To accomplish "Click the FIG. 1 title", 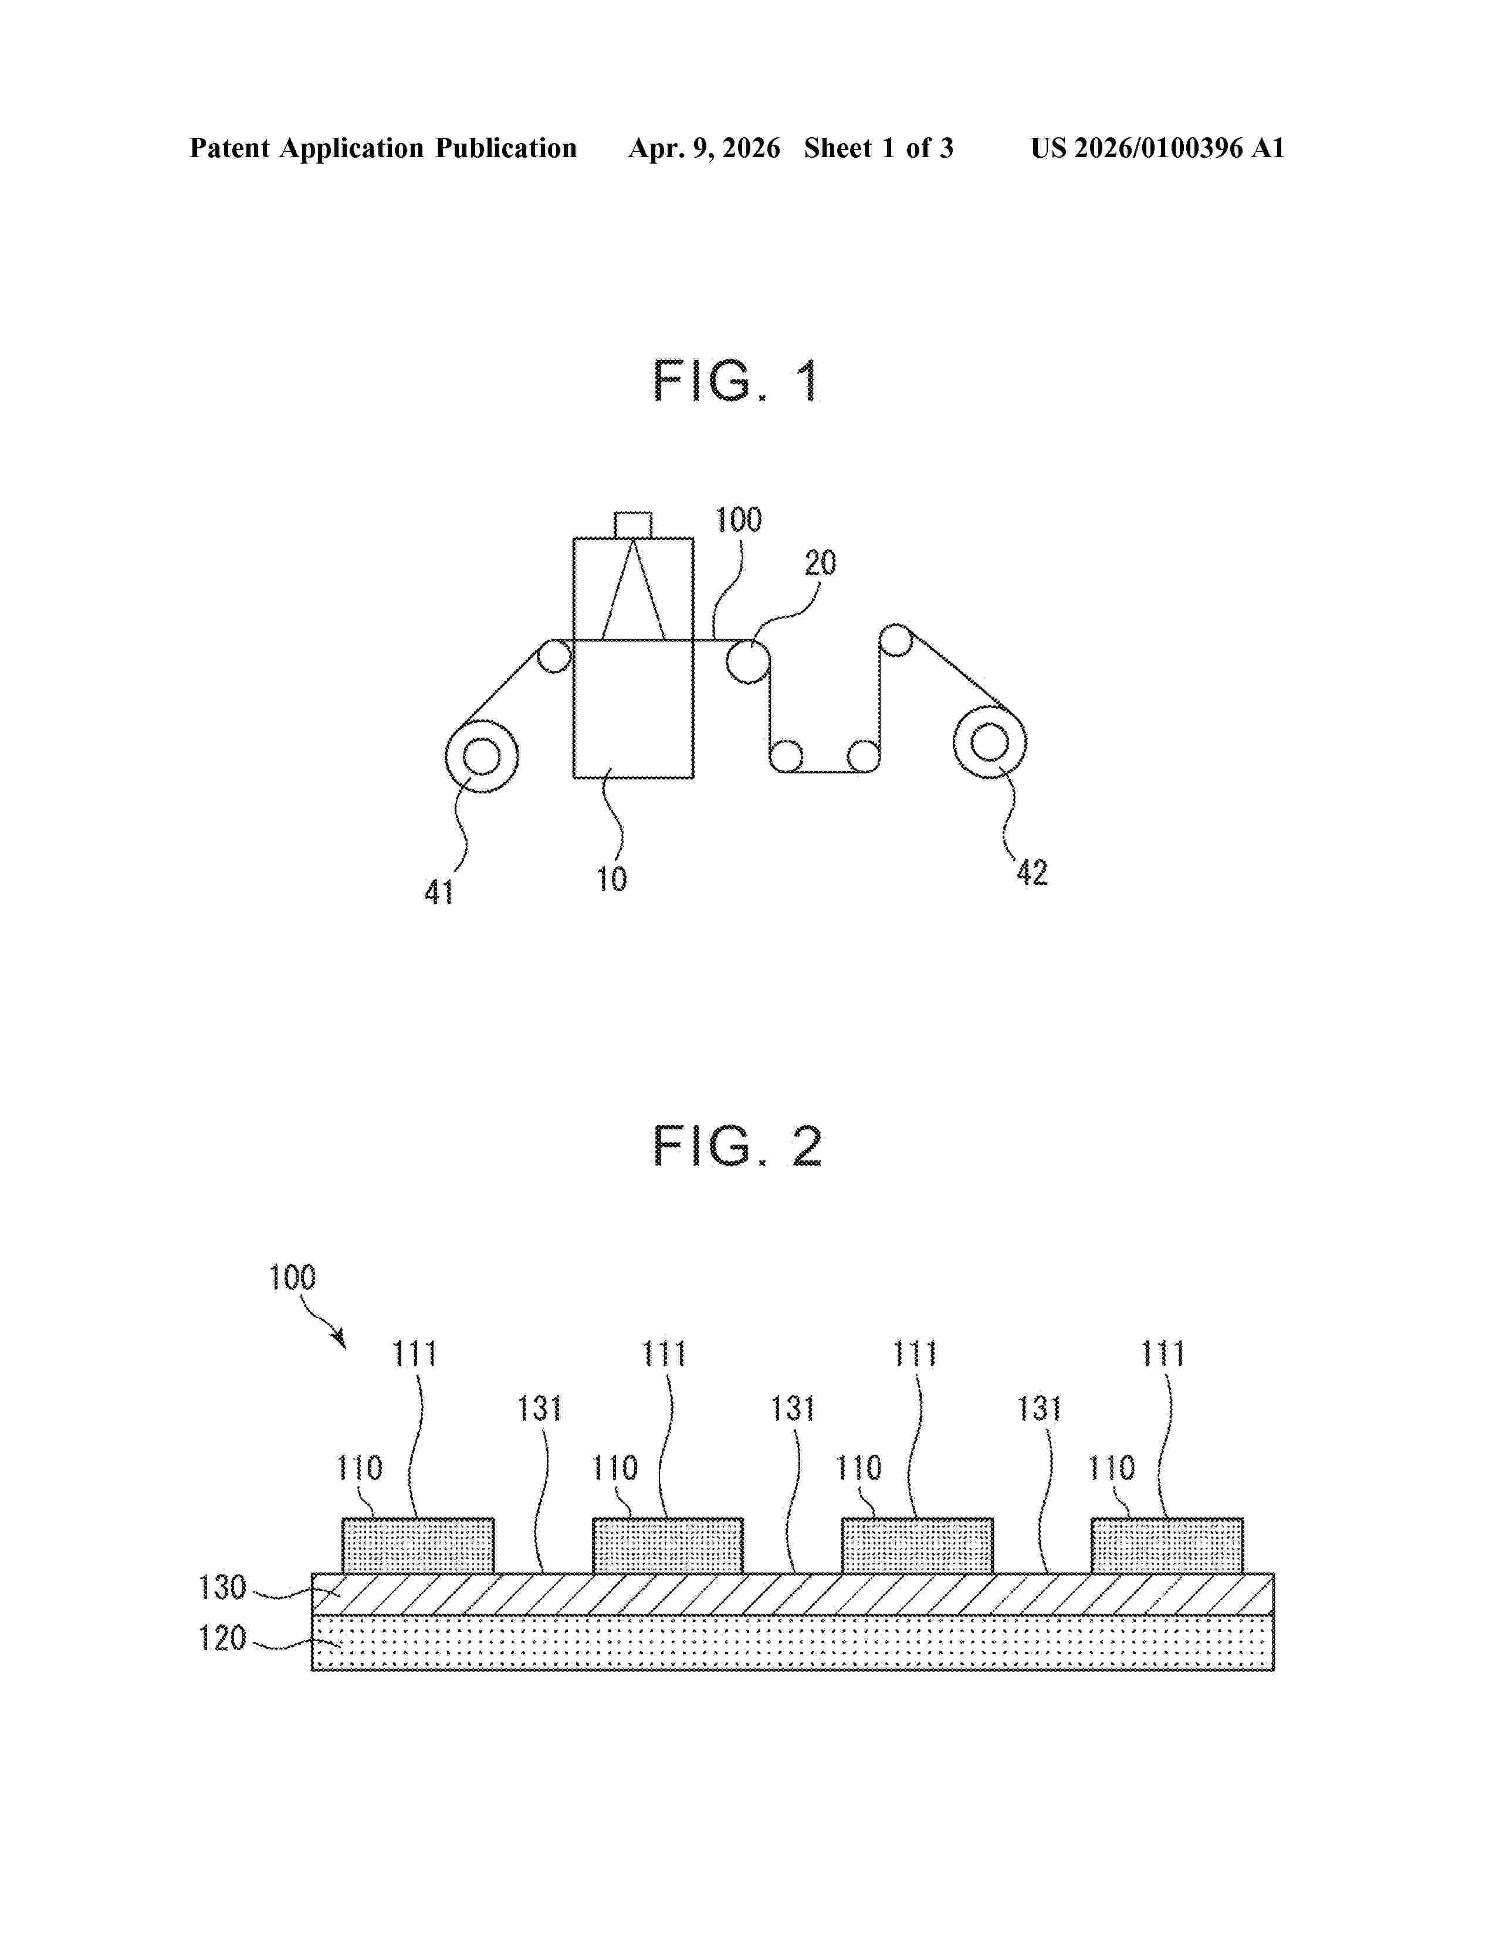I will pos(736,382).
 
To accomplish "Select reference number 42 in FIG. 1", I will pos(1031,873).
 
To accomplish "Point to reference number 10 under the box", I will pos(611,879).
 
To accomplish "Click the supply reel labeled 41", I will pos(481,756).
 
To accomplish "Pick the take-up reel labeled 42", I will pos(990,742).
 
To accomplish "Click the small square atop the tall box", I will pos(633,525).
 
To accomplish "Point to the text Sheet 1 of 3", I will pos(878,148).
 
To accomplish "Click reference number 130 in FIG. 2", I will pos(222,1588).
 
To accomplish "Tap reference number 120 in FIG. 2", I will pos(222,1638).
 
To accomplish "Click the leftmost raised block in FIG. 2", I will pos(418,1546).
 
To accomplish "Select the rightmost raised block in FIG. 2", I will pos(1166,1546).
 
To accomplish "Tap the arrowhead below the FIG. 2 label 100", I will pos(340,1342).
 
